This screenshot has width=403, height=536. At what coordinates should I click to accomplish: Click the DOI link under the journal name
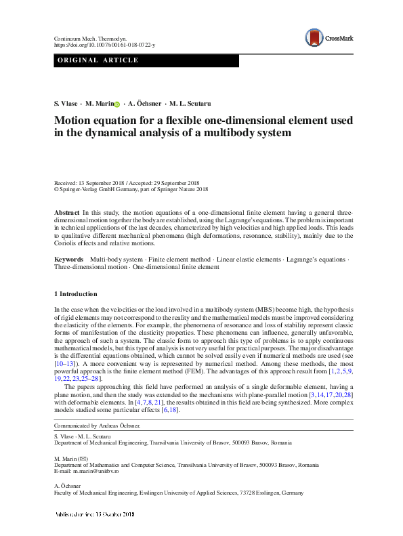coord(104,45)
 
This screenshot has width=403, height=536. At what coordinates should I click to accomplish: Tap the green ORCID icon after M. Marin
coord(117,104)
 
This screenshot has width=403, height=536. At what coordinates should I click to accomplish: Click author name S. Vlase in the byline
coord(66,104)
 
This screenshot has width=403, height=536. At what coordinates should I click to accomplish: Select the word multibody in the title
coord(219,133)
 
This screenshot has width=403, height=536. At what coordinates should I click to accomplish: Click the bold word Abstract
coord(67,213)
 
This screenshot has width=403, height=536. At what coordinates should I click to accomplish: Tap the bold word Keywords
coord(69,260)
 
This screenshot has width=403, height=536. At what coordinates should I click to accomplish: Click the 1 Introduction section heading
coord(75,294)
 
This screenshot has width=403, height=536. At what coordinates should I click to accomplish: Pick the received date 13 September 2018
coord(100,183)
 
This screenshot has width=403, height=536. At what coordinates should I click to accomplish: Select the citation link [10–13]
coord(66,364)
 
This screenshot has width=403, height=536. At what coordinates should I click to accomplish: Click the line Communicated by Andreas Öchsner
coord(97,426)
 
